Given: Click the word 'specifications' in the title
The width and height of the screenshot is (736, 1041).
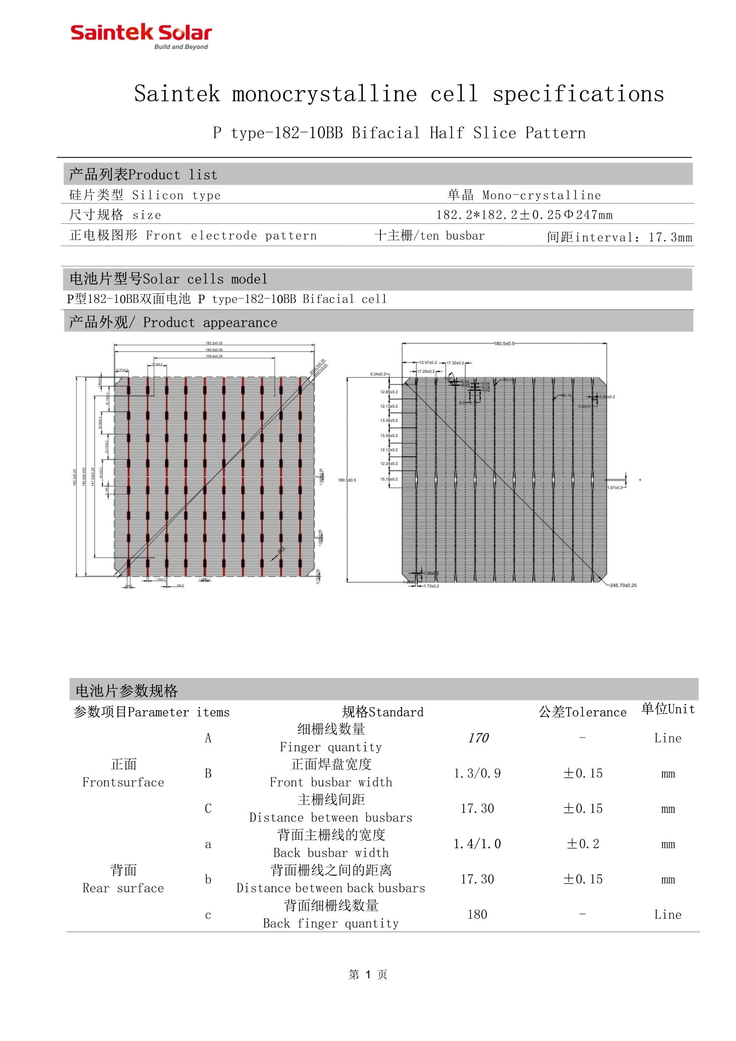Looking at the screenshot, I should point(578,94).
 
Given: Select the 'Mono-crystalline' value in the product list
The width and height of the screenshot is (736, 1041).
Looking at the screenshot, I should point(542,195).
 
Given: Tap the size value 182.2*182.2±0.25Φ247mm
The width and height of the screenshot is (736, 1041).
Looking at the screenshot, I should point(524,215).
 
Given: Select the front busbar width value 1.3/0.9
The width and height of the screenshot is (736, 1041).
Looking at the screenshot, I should point(477,773).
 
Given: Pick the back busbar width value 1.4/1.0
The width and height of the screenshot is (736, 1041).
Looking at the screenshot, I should point(477,844).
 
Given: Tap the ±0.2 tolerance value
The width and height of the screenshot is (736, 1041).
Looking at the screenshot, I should point(583,844).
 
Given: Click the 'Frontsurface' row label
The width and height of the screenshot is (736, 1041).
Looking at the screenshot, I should point(123,782).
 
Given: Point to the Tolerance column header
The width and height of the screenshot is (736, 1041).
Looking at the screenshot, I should point(583,712).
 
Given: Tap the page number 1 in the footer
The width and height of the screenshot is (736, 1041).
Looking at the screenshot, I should point(368,974).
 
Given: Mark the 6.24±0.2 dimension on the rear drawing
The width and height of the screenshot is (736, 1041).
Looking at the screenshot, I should point(378,374).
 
